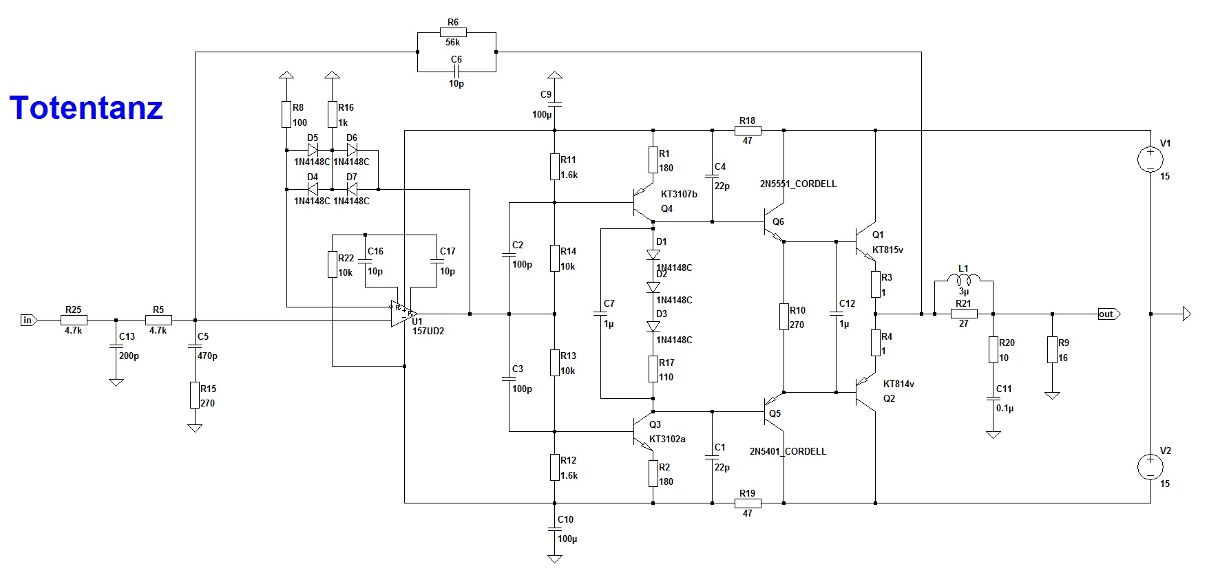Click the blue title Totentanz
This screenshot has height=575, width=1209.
tap(86, 108)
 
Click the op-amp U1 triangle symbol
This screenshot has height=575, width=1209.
tap(401, 314)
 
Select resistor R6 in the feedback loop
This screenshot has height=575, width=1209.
tap(453, 32)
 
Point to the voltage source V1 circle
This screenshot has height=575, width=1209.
tap(1150, 160)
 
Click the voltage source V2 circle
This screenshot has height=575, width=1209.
tap(1150, 467)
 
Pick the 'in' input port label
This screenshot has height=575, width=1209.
tap(28, 320)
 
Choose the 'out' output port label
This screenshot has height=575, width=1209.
tap(1107, 314)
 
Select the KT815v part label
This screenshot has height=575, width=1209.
tap(887, 250)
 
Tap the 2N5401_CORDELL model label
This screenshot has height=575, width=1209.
tap(788, 451)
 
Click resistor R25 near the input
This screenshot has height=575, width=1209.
tap(73, 320)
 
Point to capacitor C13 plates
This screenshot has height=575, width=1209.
tap(116, 347)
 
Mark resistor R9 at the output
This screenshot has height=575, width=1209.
tap(1052, 349)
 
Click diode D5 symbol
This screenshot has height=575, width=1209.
tap(313, 149)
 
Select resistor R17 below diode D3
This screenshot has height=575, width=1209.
tap(653, 369)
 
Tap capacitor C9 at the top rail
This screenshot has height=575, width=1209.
tap(555, 105)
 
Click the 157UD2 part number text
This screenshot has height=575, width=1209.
tap(428, 331)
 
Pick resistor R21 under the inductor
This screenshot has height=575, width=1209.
tap(964, 314)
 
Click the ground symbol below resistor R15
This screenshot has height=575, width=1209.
tap(195, 428)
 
